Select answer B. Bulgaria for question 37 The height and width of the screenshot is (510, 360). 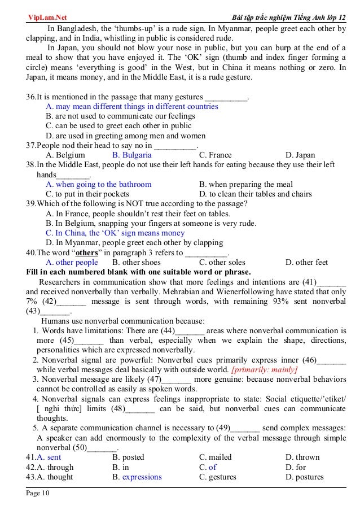coord(131,155)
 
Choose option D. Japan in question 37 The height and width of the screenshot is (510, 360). coord(300,155)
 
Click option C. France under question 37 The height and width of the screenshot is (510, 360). coord(215,155)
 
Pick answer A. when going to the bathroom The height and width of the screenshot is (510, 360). coord(99,184)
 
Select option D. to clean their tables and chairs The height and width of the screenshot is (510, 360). coord(255,194)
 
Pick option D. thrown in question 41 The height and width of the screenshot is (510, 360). coord(302,457)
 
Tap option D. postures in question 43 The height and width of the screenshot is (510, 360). coord(304,477)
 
